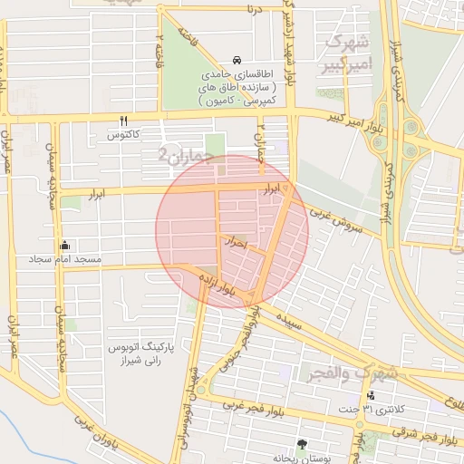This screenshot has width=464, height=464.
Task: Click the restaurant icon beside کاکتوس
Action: pyautogui.click(x=123, y=120)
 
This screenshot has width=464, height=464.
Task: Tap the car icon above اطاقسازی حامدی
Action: pyautogui.click(x=237, y=58)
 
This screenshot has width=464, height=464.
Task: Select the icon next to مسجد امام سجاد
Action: pyautogui.click(x=64, y=245)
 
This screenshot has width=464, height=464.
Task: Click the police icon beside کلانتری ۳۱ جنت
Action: pyautogui.click(x=371, y=395)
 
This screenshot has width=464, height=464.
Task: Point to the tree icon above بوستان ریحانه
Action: pyautogui.click(x=301, y=444)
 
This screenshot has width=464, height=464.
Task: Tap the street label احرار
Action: pyautogui.click(x=234, y=243)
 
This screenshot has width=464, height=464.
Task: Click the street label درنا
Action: pyautogui.click(x=250, y=11)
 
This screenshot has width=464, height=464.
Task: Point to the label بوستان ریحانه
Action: pyautogui.click(x=301, y=459)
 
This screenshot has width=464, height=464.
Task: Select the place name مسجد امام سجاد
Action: pyautogui.click(x=102, y=259)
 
